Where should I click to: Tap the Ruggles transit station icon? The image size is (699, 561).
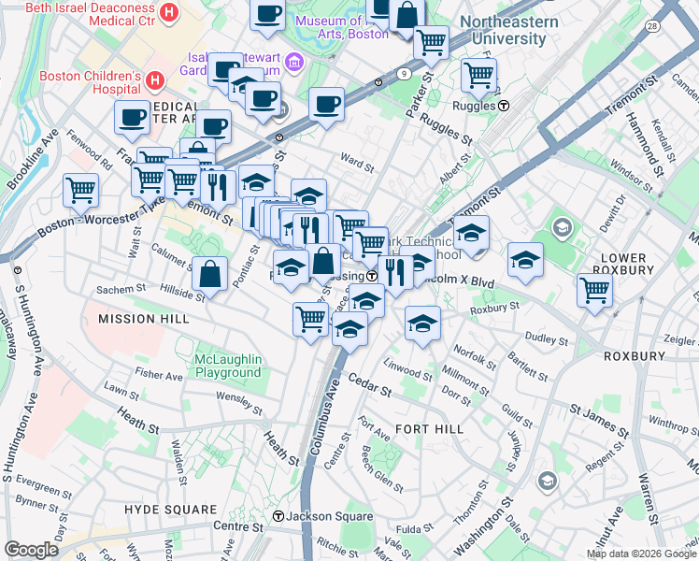pyautogui.click(x=504, y=106)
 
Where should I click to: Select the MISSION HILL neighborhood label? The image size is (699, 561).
pyautogui.click(x=144, y=319)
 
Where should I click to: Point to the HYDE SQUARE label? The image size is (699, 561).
pyautogui.click(x=170, y=509)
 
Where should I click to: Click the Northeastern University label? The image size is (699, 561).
pyautogui.click(x=510, y=30)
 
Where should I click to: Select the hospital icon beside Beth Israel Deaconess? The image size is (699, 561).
pyautogui.click(x=168, y=12)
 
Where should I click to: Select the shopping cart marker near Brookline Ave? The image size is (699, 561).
pyautogui.click(x=81, y=190)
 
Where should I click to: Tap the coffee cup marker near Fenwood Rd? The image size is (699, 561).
pyautogui.click(x=132, y=117)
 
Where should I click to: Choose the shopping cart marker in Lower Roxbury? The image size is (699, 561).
pyautogui.click(x=594, y=290)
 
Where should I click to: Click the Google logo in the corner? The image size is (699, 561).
pyautogui.click(x=31, y=550)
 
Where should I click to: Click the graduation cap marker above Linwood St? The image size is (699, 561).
pyautogui.click(x=423, y=324)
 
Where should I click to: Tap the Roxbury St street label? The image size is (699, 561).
pyautogui.click(x=493, y=307)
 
